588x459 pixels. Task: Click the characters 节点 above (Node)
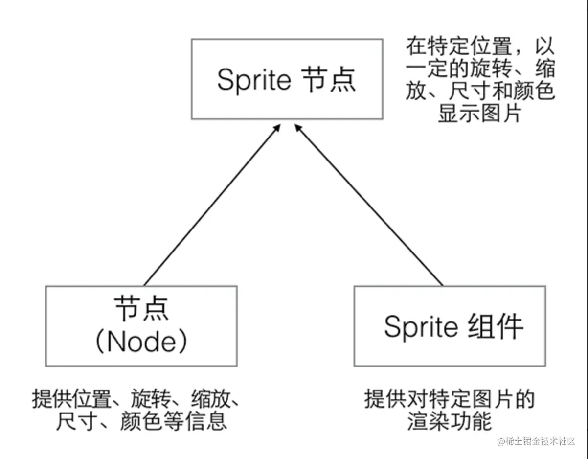pos(141,309)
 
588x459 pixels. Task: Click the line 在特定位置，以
pos(480,47)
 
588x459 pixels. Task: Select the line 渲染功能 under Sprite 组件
pos(449,421)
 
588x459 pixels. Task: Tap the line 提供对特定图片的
pos(449,399)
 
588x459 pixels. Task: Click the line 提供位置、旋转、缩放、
pos(136,399)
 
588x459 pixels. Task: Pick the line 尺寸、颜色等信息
pos(136,421)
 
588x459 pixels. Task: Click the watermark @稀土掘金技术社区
pos(537,442)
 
